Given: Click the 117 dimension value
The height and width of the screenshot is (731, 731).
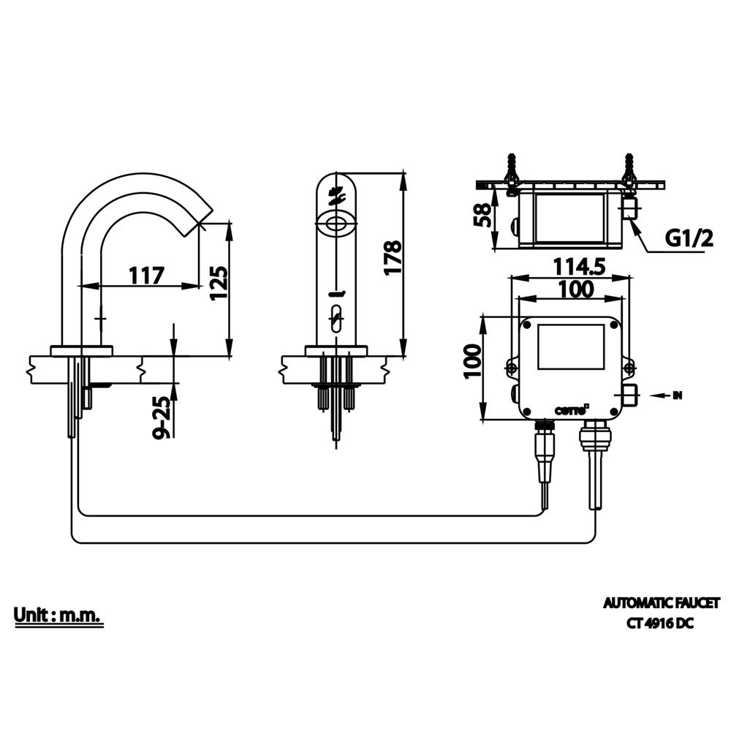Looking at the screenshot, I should pos(146,276).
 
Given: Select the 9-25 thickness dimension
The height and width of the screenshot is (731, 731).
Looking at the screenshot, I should pos(165,414).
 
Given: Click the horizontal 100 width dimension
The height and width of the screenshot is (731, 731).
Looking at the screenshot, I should pos(575,289).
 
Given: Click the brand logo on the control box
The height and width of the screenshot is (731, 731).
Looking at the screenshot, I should pos(571,410).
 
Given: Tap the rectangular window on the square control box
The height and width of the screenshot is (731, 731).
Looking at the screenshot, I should pos(571,346).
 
